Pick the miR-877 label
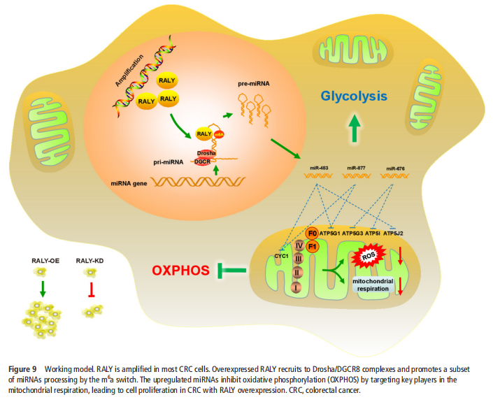click(358, 168)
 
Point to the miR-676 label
click(396, 168)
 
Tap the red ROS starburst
click(371, 257)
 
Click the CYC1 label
click(283, 257)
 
